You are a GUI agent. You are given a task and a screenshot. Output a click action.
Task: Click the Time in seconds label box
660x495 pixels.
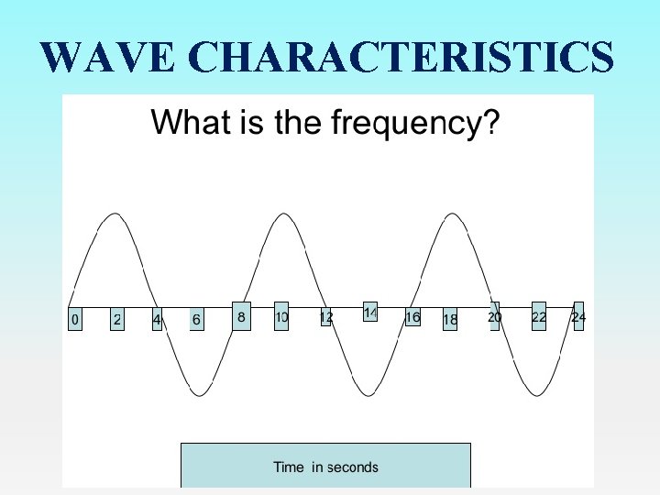click(x=325, y=467)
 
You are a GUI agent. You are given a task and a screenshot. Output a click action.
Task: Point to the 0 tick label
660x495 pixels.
click(x=75, y=319)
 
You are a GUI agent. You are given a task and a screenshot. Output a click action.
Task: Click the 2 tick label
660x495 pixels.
click(x=116, y=319)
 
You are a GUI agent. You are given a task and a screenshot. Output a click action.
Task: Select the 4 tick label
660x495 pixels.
click(x=157, y=319)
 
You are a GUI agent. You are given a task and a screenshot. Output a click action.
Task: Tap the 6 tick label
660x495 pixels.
click(x=196, y=319)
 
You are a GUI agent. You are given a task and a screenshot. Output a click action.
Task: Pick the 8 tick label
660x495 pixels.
click(x=241, y=315)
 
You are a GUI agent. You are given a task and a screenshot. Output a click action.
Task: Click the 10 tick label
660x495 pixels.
click(x=281, y=316)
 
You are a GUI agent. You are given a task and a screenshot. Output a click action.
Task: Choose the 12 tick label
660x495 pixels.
click(x=325, y=317)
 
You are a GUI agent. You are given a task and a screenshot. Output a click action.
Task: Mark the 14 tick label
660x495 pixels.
click(x=370, y=313)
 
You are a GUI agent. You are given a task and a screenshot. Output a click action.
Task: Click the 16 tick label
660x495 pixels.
click(x=412, y=316)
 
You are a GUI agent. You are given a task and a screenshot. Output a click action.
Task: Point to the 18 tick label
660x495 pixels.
click(x=450, y=319)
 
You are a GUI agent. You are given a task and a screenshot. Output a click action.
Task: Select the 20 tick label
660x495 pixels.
click(x=494, y=316)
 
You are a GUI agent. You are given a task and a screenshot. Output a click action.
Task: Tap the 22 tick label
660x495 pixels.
click(x=539, y=316)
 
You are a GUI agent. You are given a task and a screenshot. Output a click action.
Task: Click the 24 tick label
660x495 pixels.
click(x=578, y=317)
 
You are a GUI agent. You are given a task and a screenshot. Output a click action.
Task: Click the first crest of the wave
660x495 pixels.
click(x=114, y=214)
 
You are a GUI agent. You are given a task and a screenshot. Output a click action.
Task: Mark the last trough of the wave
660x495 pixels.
click(x=536, y=395)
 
